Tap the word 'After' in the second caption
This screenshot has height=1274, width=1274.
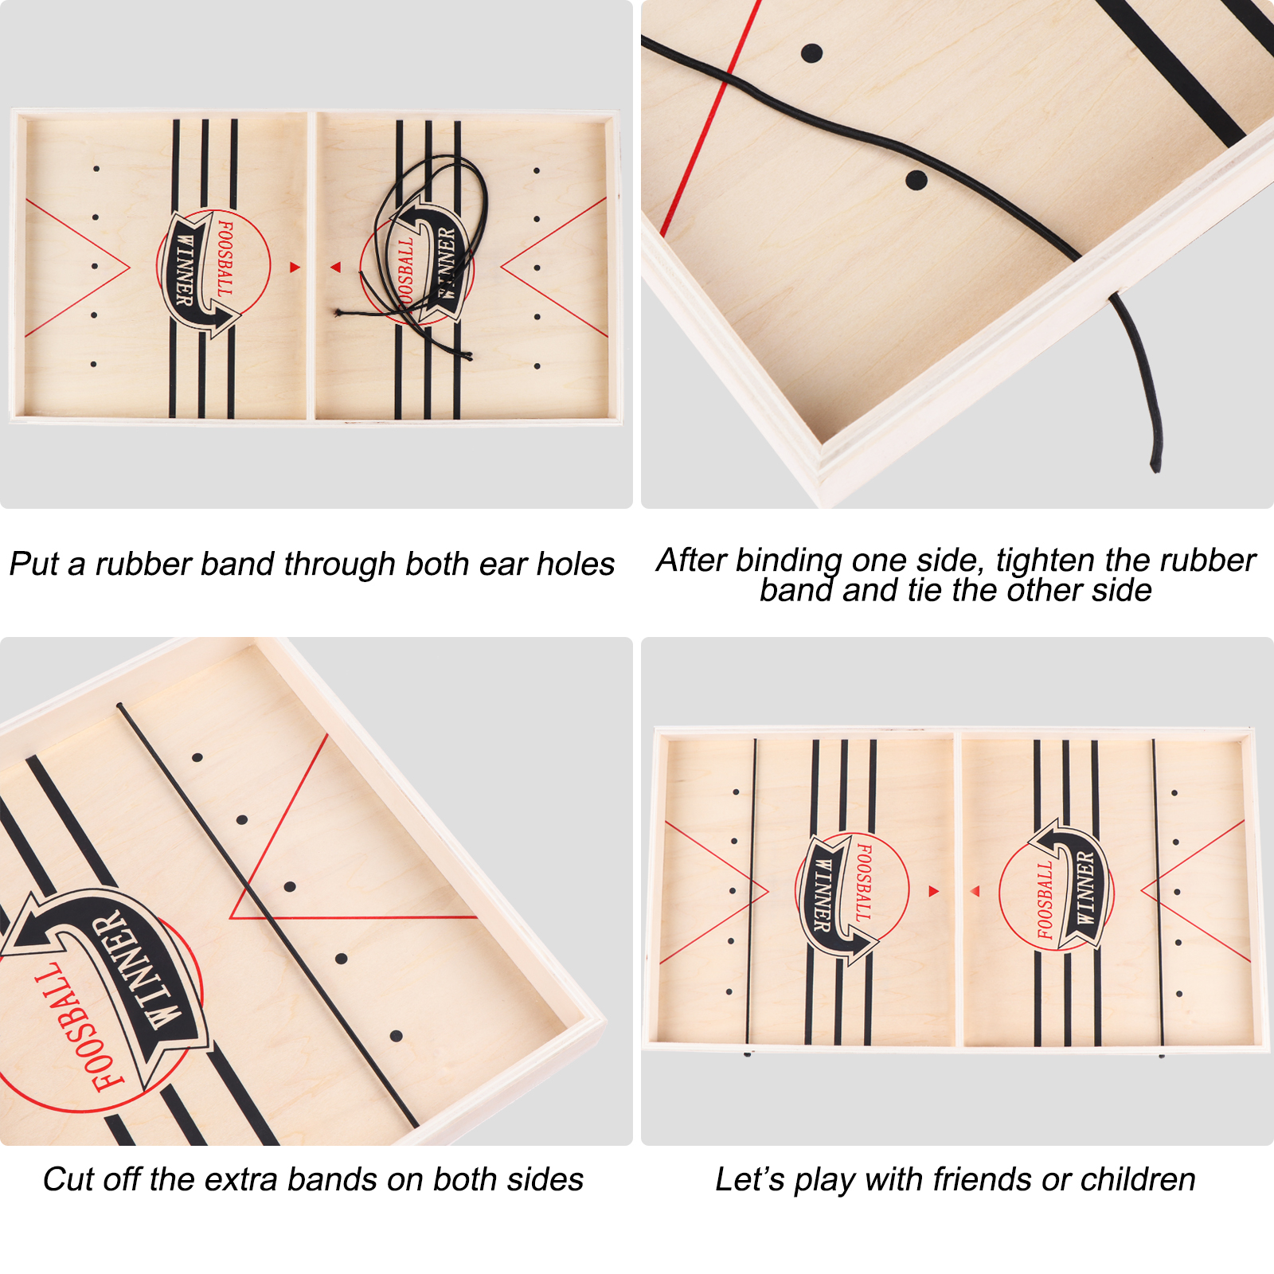click(692, 560)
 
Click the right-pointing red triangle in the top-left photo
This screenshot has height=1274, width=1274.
click(295, 268)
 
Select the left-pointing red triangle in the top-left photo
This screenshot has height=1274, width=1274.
click(336, 268)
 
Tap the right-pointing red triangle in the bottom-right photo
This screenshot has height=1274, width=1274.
click(934, 891)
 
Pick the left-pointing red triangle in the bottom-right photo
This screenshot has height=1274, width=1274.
click(975, 891)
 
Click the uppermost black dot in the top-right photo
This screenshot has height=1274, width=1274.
click(811, 53)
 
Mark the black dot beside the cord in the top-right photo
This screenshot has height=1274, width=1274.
click(916, 180)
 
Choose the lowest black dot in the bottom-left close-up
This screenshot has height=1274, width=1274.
click(396, 1036)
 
